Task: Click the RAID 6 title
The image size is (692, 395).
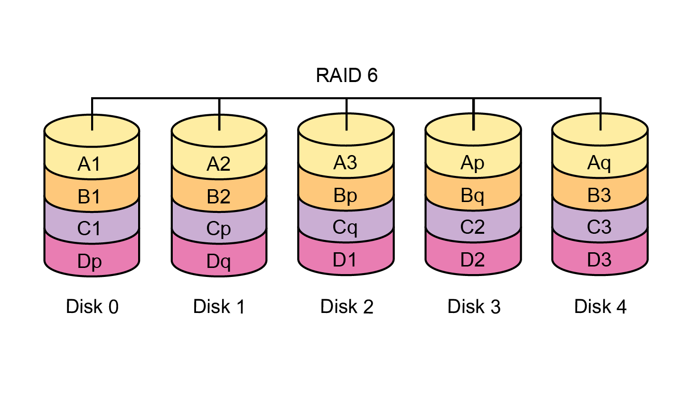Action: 346,75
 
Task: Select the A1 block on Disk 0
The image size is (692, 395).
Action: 90,164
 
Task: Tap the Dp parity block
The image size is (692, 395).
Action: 90,261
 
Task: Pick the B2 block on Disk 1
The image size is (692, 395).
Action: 218,196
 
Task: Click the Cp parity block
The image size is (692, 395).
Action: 218,229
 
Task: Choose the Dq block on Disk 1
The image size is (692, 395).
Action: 218,261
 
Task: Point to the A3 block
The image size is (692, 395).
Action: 345,163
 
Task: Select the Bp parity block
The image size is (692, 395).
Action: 345,195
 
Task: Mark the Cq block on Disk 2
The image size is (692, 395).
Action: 345,227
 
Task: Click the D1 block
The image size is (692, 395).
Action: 345,260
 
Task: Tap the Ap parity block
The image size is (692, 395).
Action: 472,163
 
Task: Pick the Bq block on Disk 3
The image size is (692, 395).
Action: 472,195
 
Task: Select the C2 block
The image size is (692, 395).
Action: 472,227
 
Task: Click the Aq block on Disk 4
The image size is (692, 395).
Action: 599,163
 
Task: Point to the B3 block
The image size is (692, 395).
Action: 599,195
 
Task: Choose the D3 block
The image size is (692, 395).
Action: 599,260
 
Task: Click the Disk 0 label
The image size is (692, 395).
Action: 92,307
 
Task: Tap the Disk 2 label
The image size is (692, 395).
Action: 346,307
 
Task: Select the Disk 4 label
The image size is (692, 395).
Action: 600,307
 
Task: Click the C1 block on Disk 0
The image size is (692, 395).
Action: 90,229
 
